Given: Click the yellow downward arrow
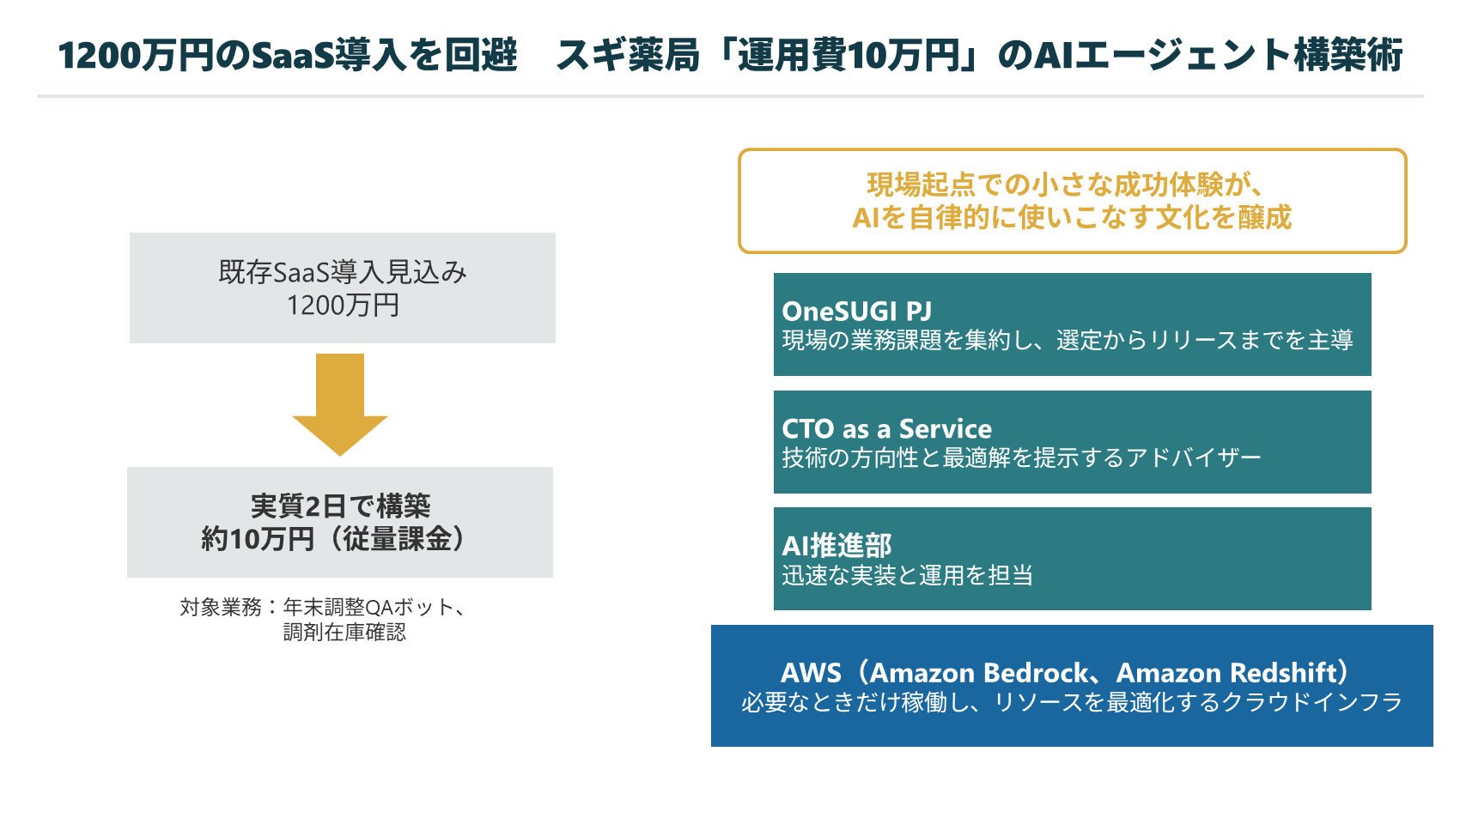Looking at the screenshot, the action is click(339, 404).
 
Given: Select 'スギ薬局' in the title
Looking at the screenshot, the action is click(628, 55).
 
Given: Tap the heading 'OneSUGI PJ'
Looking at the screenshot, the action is click(856, 312).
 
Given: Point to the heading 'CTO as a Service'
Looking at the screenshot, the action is click(886, 428).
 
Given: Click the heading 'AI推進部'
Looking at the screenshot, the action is click(836, 546).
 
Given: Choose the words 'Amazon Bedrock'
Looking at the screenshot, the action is click(979, 673).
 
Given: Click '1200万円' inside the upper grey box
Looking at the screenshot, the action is click(343, 305).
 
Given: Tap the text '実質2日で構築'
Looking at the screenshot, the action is click(340, 506).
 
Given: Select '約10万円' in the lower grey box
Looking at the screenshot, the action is click(258, 539).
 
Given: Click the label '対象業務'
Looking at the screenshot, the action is click(221, 607).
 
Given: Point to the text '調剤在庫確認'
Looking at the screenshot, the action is click(344, 632).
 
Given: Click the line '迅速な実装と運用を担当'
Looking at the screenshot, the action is click(907, 575).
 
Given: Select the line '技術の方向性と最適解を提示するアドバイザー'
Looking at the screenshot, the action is click(1021, 458).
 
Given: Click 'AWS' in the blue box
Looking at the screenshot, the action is click(812, 673).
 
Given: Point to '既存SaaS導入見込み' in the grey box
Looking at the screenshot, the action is click(343, 272).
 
